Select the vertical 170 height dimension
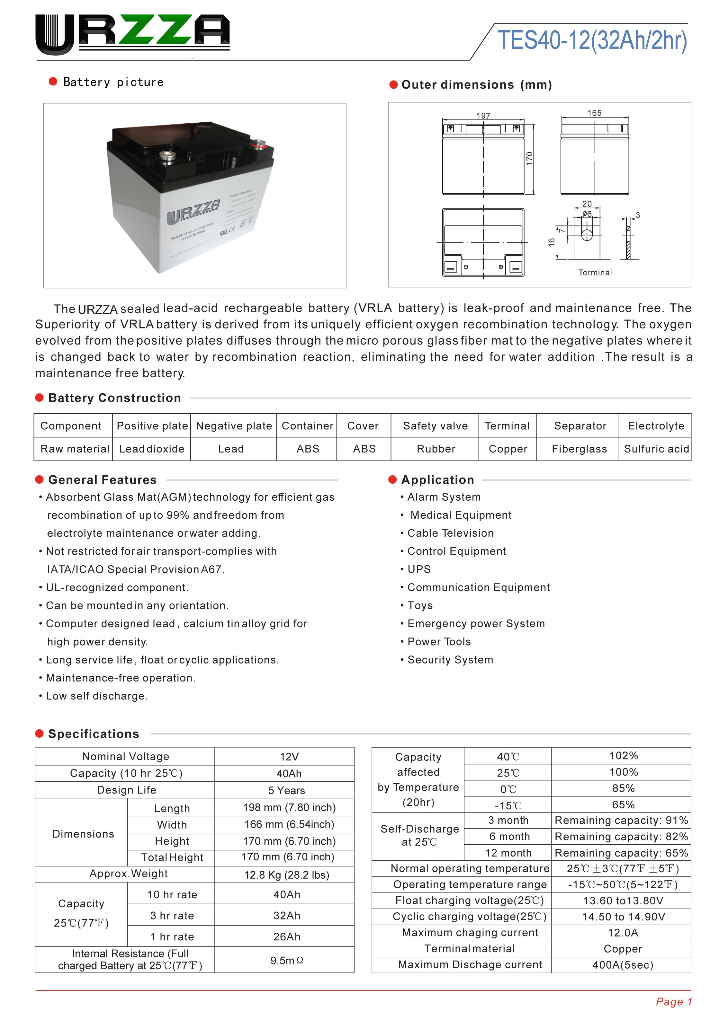point(529,158)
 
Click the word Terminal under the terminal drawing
point(595,272)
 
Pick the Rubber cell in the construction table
point(436,449)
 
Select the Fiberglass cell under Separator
point(579,449)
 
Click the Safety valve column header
point(436,426)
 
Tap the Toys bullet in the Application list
point(420,605)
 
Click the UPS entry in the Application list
point(419,569)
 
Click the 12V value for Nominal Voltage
point(289,756)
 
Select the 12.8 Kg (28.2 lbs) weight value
point(287,875)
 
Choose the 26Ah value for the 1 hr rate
point(287,936)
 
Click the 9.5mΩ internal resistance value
point(286,960)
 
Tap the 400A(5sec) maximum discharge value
point(622,965)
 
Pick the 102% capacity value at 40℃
point(623,756)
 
